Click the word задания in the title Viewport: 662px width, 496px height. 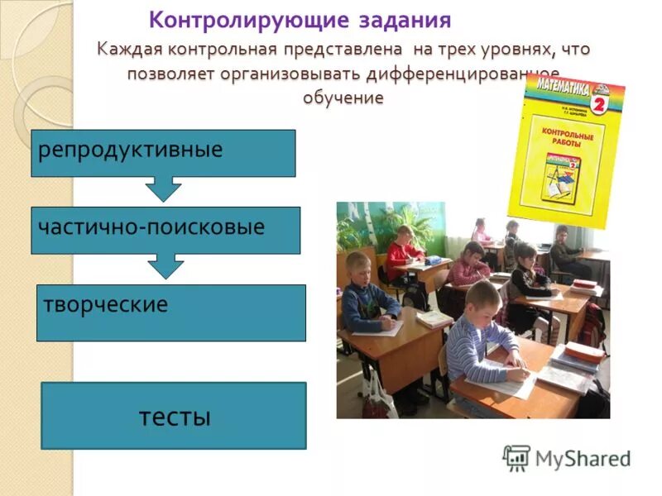(x=401, y=19)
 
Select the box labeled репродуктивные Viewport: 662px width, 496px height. (x=163, y=153)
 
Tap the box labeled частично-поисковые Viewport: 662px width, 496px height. (x=165, y=230)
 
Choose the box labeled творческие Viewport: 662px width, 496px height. (x=170, y=312)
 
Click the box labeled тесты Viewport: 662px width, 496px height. (x=174, y=416)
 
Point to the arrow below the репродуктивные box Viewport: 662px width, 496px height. (x=163, y=189)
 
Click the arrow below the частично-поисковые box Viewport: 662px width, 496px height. (x=166, y=266)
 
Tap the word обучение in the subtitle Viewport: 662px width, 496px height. (x=343, y=98)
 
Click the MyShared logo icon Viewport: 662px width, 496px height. (x=516, y=457)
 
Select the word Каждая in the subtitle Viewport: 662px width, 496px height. (x=130, y=50)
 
